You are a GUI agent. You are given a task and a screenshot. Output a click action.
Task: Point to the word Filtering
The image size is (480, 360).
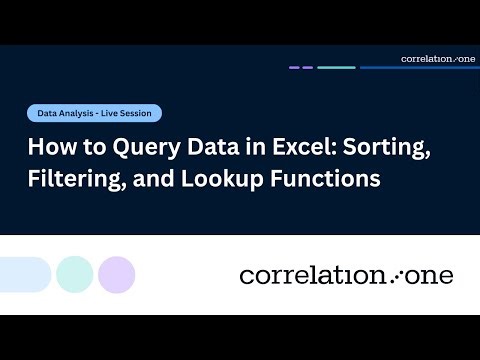click(69, 180)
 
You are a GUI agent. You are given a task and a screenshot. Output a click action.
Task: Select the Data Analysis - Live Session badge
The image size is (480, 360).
click(94, 114)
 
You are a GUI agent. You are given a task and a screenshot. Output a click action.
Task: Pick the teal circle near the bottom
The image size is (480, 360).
click(75, 274)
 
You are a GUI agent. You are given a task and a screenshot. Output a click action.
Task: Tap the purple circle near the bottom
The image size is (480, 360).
click(117, 274)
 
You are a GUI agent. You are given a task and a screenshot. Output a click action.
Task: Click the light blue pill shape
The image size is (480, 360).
click(24, 274)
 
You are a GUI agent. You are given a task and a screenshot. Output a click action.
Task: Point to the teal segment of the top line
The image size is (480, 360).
click(336, 68)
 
